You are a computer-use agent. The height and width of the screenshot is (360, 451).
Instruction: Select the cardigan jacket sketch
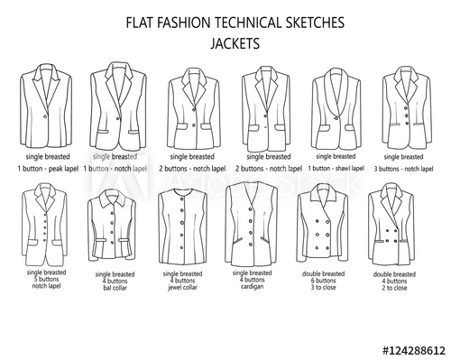(x=254, y=223)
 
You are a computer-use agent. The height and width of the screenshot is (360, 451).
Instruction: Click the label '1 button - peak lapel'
(x=47, y=167)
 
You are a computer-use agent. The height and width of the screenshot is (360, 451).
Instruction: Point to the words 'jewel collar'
(x=184, y=302)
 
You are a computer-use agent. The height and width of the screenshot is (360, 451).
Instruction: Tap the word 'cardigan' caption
(x=253, y=302)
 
